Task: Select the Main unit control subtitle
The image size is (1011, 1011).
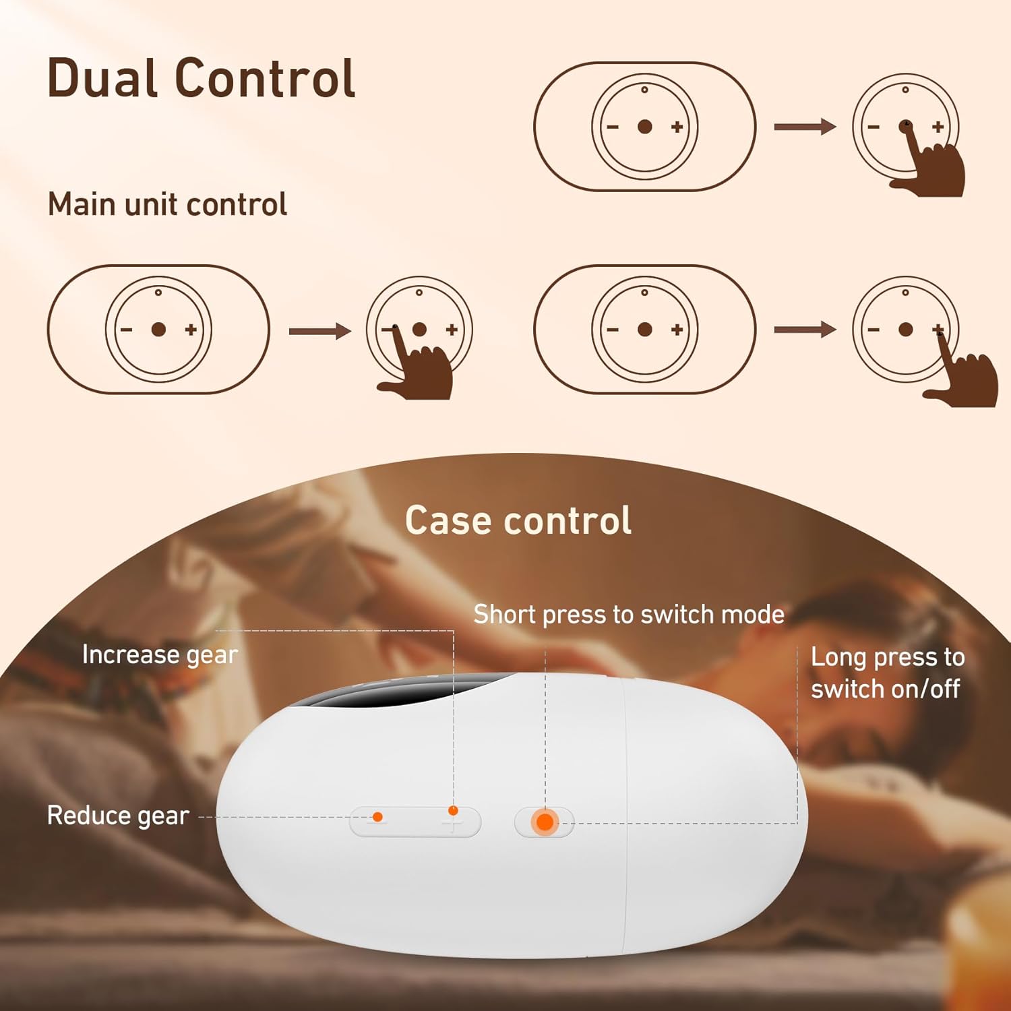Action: (167, 204)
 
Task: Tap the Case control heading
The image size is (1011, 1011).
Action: (518, 520)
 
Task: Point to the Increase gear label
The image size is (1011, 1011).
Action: (160, 654)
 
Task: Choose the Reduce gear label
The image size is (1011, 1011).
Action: (118, 816)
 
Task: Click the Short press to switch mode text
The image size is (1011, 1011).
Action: (629, 615)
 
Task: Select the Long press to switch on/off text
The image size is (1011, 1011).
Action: (887, 673)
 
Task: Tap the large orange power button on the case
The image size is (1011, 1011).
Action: (545, 822)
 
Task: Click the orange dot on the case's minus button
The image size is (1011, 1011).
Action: (377, 817)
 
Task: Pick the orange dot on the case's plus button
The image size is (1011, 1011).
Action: (453, 811)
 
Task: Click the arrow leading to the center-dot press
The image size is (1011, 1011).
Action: (804, 127)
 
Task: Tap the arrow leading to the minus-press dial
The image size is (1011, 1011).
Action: (319, 331)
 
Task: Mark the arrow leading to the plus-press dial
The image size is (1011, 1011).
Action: (804, 330)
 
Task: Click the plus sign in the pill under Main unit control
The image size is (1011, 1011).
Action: (191, 330)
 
